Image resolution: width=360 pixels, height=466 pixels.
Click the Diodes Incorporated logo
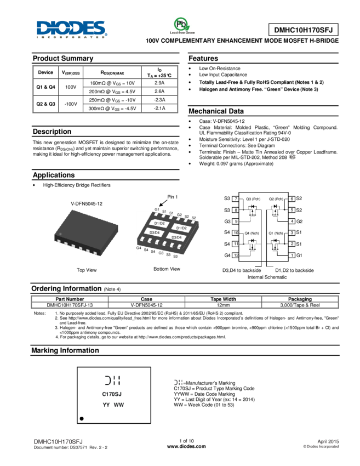pyautogui.click(x=72, y=29)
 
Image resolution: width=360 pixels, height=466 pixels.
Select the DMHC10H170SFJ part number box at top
pyautogui.click(x=303, y=30)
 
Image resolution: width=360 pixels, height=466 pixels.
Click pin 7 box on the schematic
pyautogui.click(x=235, y=199)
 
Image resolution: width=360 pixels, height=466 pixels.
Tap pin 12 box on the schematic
pyautogui.click(x=235, y=255)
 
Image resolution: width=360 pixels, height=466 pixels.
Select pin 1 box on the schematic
pyautogui.click(x=293, y=255)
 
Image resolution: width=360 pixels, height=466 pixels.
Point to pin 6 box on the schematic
pyautogui.click(x=293, y=199)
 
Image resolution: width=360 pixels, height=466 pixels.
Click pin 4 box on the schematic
pyautogui.click(x=293, y=221)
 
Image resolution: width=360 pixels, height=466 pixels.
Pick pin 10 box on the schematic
pyautogui.click(x=235, y=233)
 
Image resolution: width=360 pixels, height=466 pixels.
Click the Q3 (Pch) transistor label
pyautogui.click(x=253, y=199)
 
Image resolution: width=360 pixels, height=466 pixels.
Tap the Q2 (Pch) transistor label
pyautogui.click(x=276, y=199)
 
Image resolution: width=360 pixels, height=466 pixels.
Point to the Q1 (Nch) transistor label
pyautogui.click(x=275, y=233)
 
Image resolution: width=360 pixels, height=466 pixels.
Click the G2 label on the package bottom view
pyautogui.click(x=179, y=215)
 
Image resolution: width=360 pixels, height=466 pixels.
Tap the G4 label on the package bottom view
pyautogui.click(x=139, y=248)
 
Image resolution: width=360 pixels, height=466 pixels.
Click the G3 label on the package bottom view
pyautogui.click(x=161, y=253)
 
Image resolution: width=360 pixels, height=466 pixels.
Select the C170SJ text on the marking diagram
pyautogui.click(x=112, y=394)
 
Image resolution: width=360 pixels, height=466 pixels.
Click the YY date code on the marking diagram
pyautogui.click(x=106, y=405)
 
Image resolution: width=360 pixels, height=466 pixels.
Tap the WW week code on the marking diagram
pyautogui.click(x=119, y=405)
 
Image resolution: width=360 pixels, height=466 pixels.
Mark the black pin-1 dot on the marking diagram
pyautogui.click(x=82, y=418)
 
